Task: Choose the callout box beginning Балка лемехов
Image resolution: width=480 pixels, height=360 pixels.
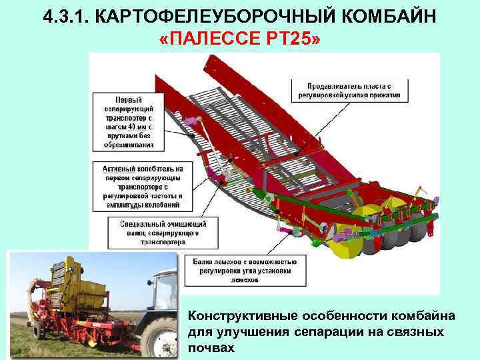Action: pyautogui.click(x=245, y=271)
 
